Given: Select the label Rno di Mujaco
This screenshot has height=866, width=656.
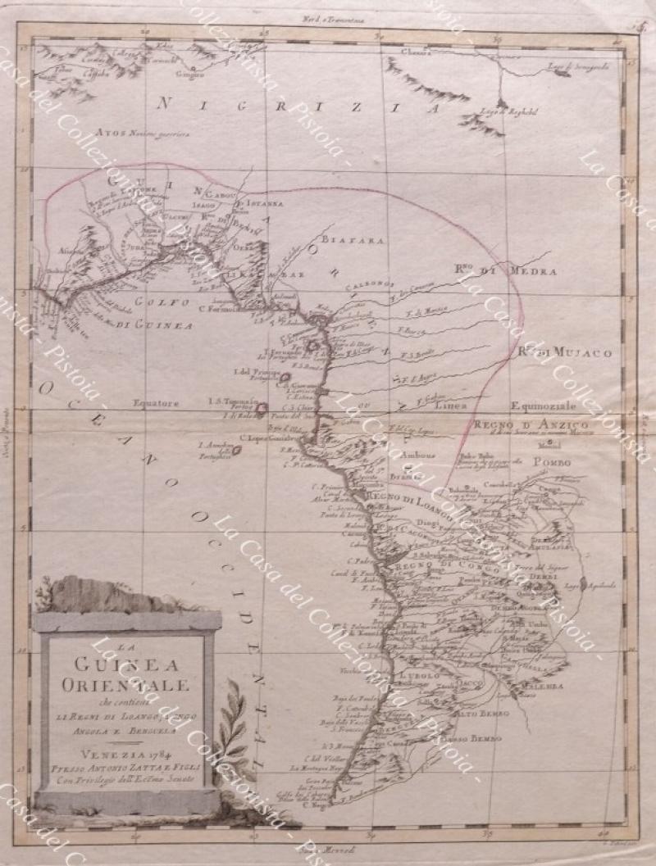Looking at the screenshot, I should coord(565,352).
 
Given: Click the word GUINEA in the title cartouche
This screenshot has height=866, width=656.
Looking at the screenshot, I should coord(126,664).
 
